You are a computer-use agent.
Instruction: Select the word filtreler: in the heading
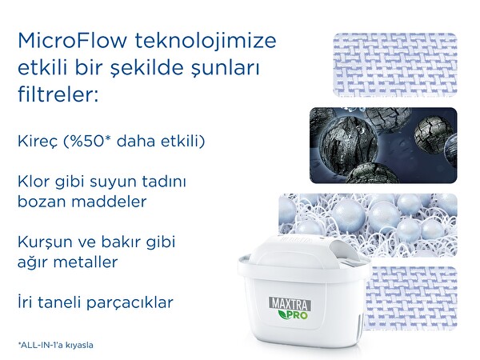coord(57,95)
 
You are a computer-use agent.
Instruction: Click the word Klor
coord(33,182)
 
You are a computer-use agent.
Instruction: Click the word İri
coord(25,302)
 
